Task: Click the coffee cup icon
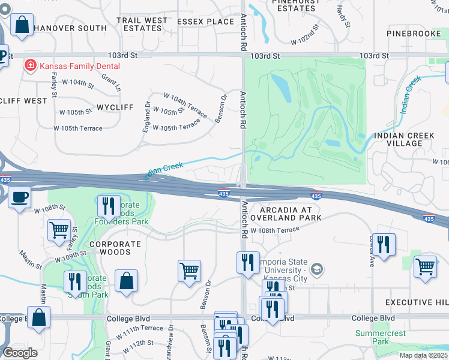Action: click(x=19, y=197)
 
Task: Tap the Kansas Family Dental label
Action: click(x=80, y=66)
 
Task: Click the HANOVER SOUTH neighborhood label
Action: click(x=70, y=28)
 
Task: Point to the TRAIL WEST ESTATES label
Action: click(x=142, y=25)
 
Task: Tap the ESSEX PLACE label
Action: click(x=205, y=22)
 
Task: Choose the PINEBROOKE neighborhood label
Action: click(x=414, y=34)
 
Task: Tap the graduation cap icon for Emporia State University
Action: click(x=318, y=269)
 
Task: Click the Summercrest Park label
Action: click(x=380, y=337)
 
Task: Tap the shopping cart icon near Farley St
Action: click(x=59, y=230)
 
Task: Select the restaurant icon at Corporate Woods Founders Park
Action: click(x=109, y=206)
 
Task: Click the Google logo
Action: click(x=20, y=353)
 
